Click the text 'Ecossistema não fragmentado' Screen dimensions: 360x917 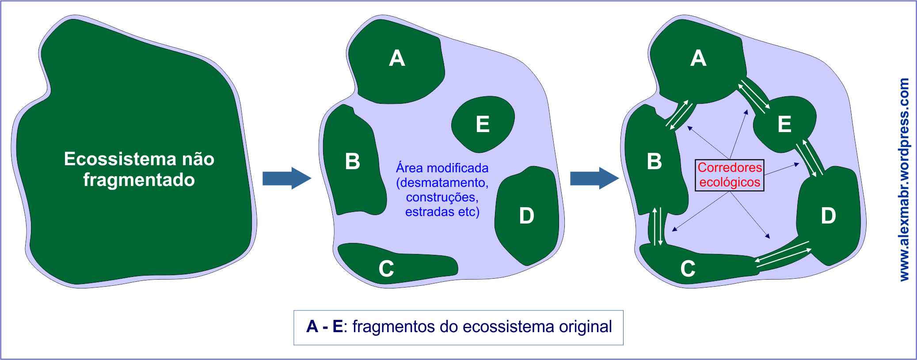[x=139, y=169]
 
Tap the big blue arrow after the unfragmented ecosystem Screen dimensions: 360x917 [x=286, y=178]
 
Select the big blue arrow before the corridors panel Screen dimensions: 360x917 [x=594, y=178]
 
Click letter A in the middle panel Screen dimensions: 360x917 [x=397, y=58]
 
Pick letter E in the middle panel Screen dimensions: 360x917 [x=483, y=124]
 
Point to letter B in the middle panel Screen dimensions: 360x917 [x=353, y=162]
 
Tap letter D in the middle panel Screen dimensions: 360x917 [x=526, y=216]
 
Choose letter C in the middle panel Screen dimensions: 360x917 [x=386, y=269]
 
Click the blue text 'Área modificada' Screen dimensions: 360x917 [x=442, y=168]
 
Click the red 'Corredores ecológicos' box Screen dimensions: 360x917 [x=730, y=175]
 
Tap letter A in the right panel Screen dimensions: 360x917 [x=698, y=58]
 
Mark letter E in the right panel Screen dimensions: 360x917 [x=784, y=124]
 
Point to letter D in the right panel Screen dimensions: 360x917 [x=828, y=216]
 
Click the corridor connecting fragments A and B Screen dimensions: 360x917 [x=680, y=114]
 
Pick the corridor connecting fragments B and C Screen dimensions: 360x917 [x=657, y=226]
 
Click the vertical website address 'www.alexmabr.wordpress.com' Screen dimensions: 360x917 [x=904, y=179]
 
